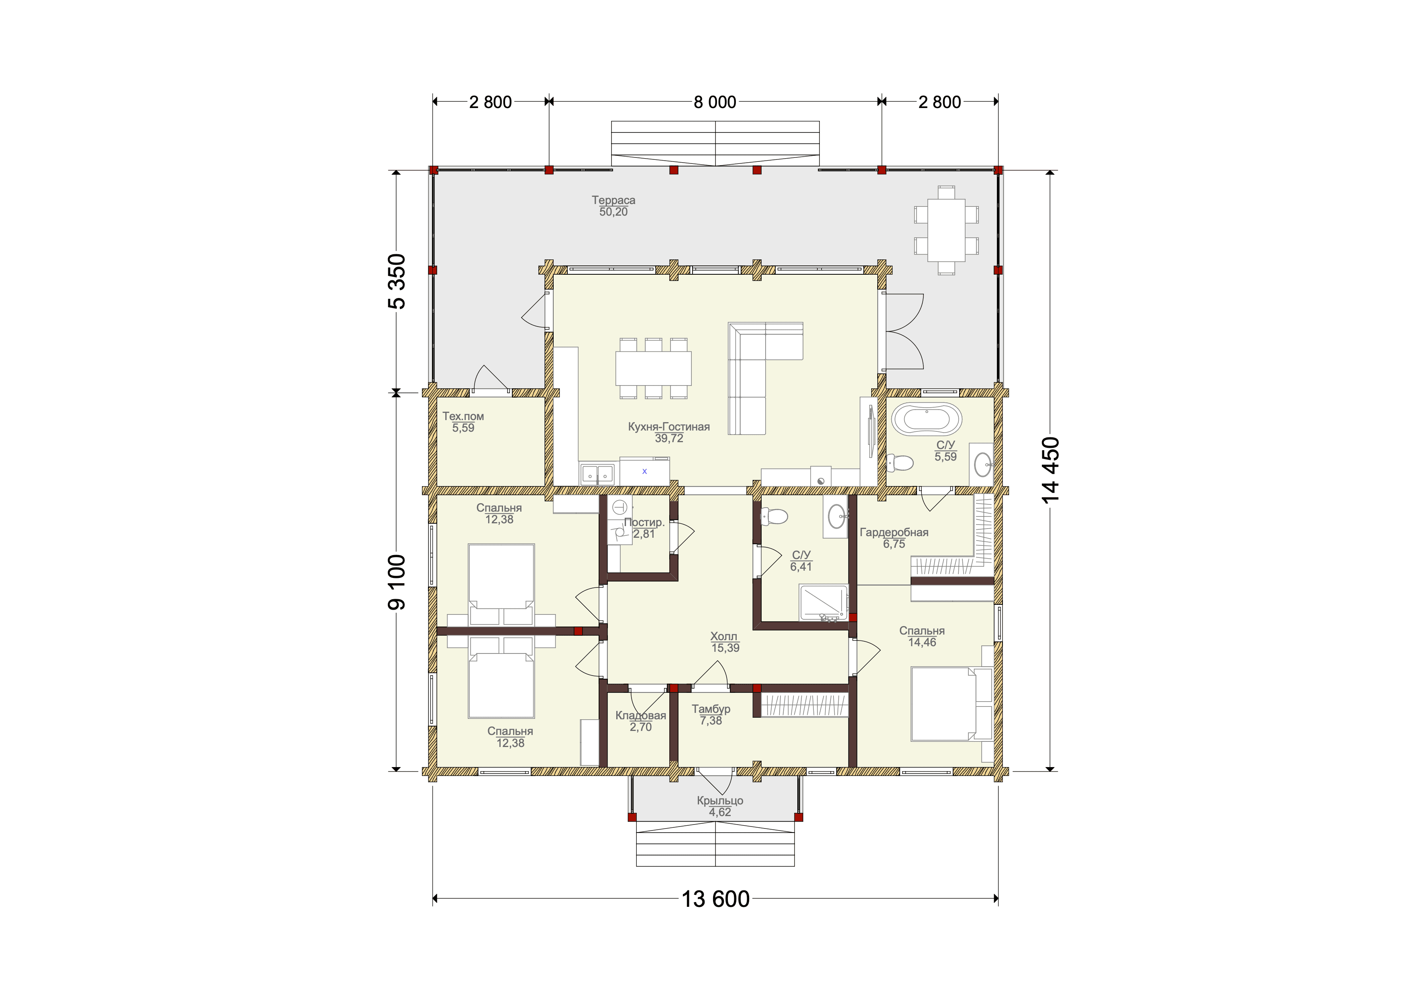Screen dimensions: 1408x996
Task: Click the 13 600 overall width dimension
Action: [716, 899]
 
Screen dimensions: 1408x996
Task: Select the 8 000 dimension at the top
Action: [715, 102]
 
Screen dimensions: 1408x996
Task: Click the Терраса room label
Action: [613, 200]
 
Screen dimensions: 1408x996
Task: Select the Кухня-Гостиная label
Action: [668, 427]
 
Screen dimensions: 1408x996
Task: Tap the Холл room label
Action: [724, 637]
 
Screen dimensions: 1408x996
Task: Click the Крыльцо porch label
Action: [720, 801]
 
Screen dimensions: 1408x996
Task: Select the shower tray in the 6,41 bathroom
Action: [823, 603]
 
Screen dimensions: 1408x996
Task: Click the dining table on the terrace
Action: [946, 231]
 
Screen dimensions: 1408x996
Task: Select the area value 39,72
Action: [668, 439]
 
